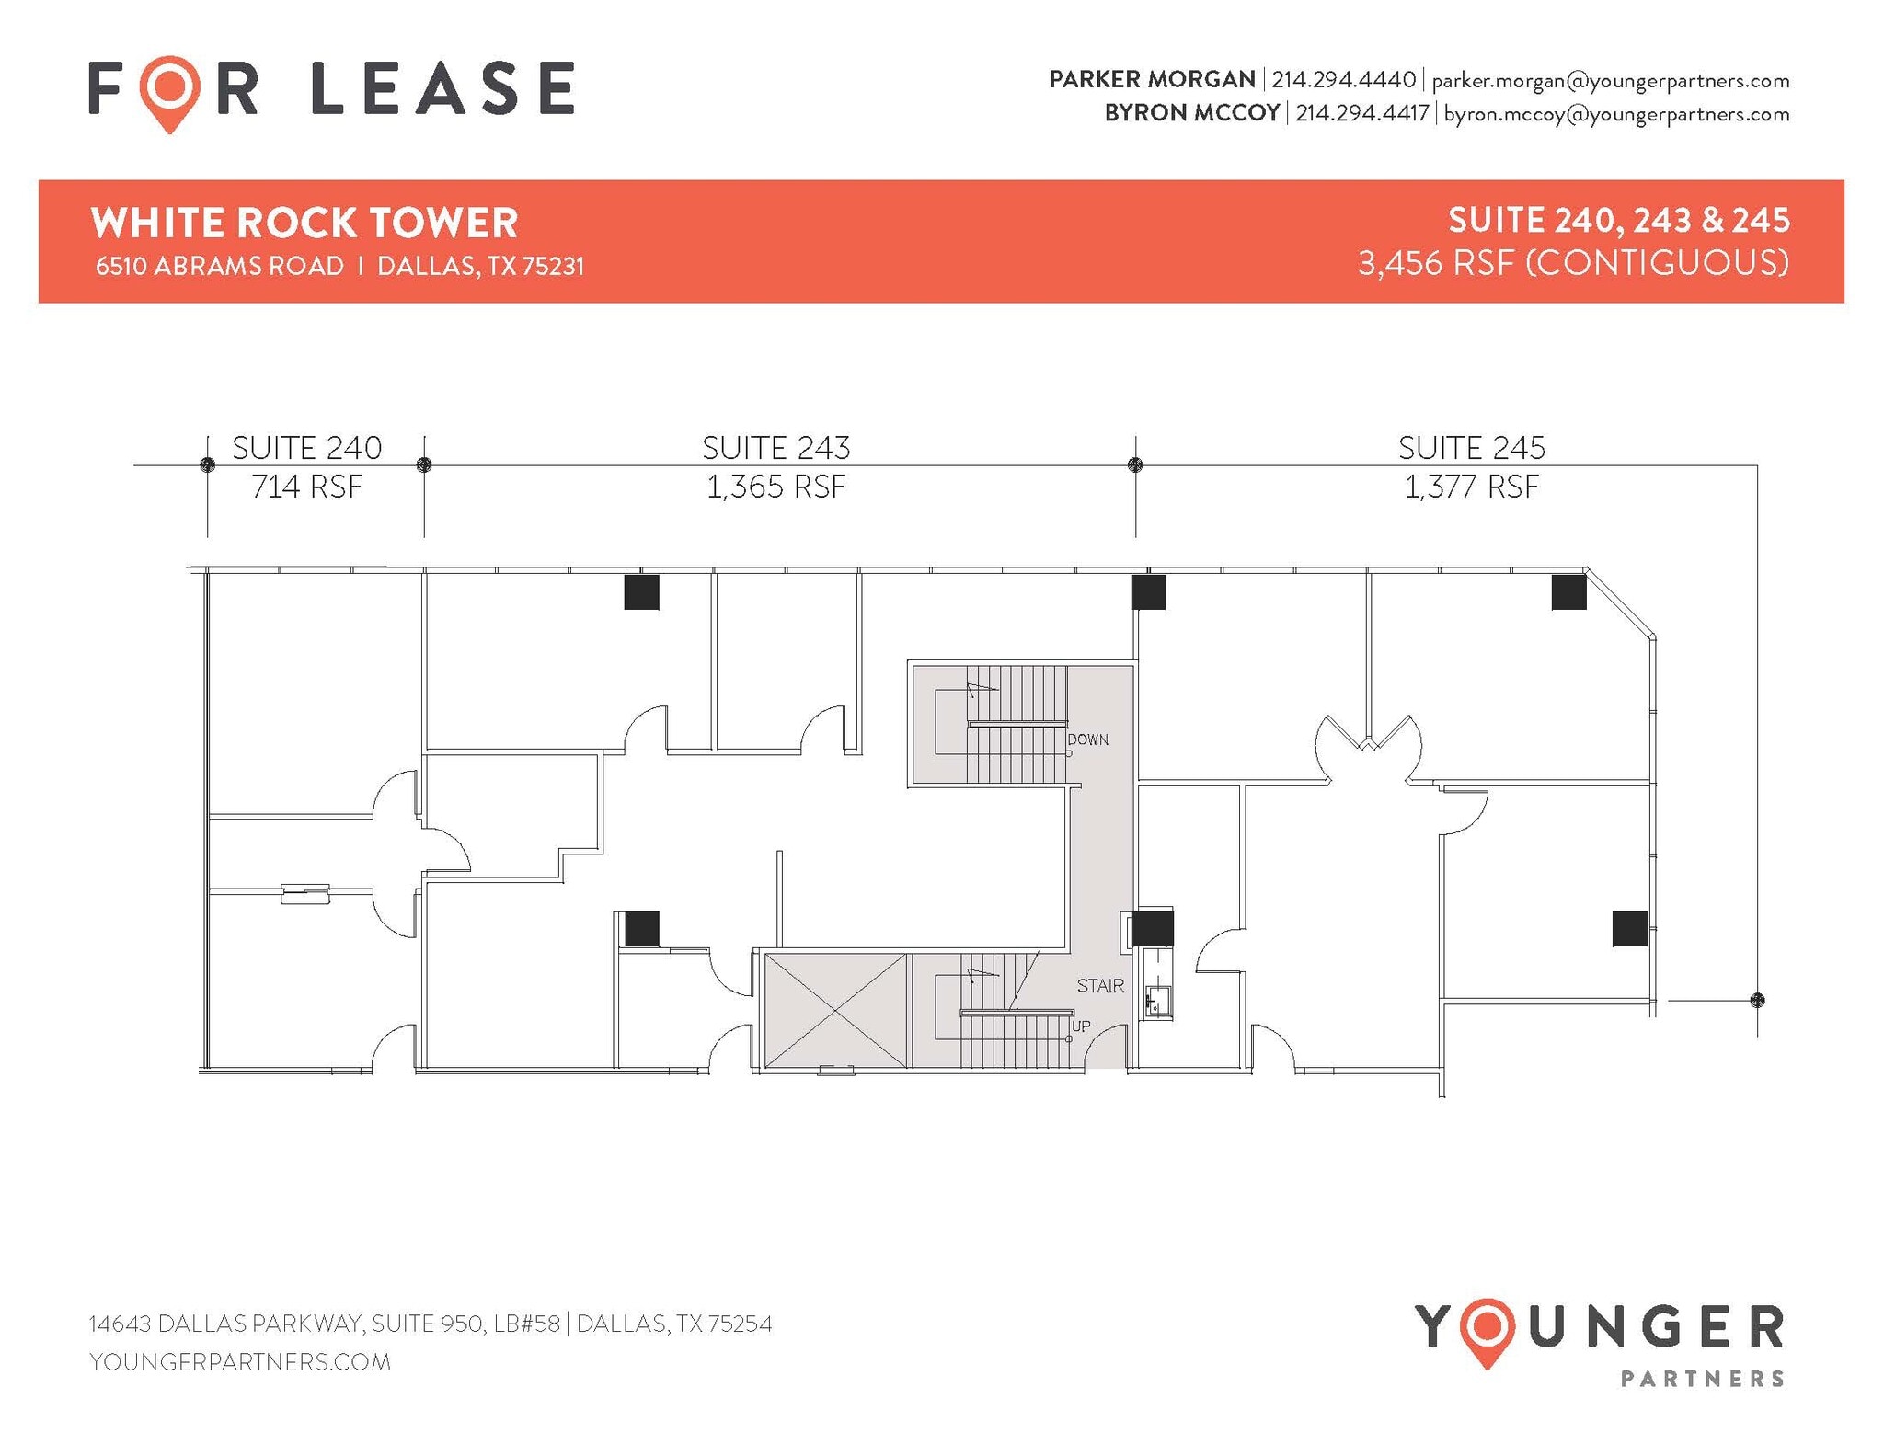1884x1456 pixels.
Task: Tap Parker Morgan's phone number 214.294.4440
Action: (x=1343, y=80)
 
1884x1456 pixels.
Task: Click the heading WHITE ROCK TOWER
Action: (x=304, y=224)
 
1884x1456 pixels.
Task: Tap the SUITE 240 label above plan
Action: (x=306, y=448)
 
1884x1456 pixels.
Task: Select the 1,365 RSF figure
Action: (x=775, y=487)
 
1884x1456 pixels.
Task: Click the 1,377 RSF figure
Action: (x=1471, y=487)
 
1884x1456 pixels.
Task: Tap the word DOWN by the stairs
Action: (x=1088, y=739)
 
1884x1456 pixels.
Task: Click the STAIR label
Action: (x=1100, y=986)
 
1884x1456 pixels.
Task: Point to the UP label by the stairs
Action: (x=1082, y=1026)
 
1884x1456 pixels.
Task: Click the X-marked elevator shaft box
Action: (x=834, y=1010)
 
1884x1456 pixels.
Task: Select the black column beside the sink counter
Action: (x=1152, y=928)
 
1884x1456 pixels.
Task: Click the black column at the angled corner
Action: (x=1568, y=592)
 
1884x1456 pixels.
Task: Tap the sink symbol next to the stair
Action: (x=1156, y=1001)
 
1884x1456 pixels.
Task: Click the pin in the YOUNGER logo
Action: (x=1487, y=1332)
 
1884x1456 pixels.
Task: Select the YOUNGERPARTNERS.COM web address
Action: (x=240, y=1362)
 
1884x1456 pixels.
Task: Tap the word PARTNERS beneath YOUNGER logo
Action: (x=1702, y=1378)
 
